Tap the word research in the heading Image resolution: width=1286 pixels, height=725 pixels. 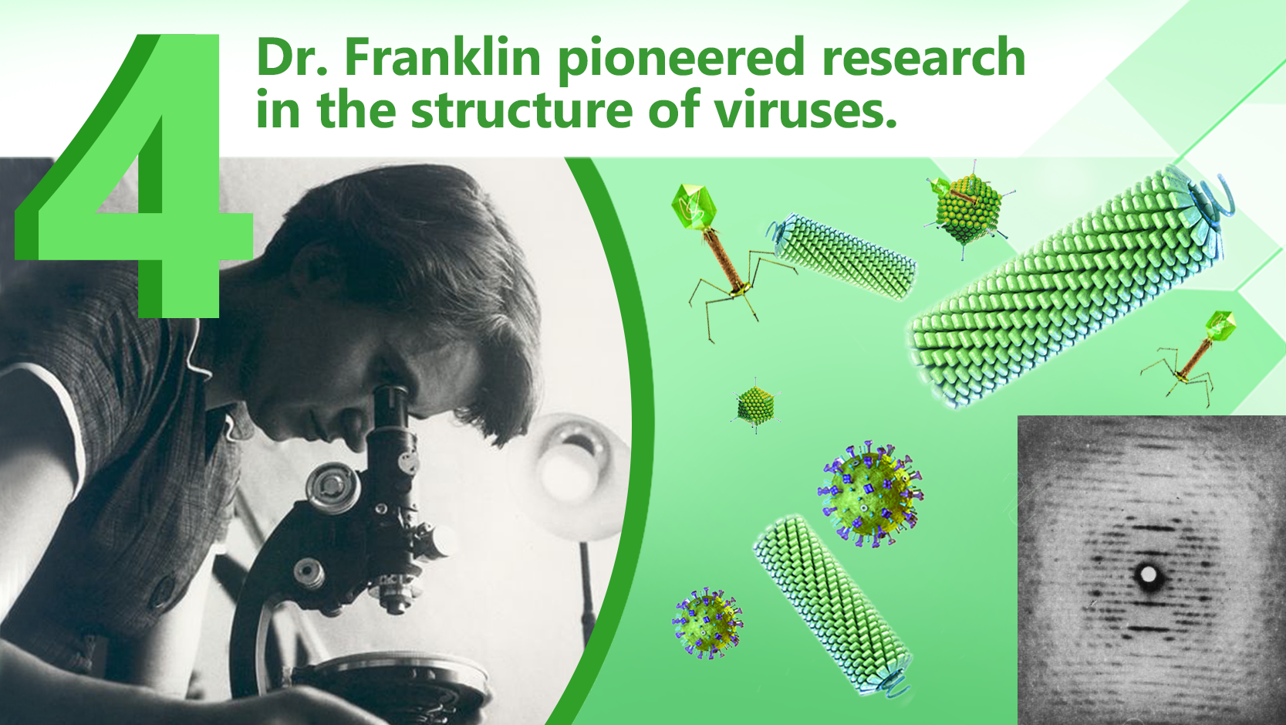click(923, 57)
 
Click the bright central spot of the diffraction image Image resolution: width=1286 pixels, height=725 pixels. click(1149, 574)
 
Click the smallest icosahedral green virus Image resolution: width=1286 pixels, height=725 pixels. click(755, 405)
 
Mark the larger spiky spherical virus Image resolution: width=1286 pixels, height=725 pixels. click(870, 494)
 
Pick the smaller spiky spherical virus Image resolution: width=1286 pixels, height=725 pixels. click(707, 624)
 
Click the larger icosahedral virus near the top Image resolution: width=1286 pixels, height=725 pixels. click(968, 208)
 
